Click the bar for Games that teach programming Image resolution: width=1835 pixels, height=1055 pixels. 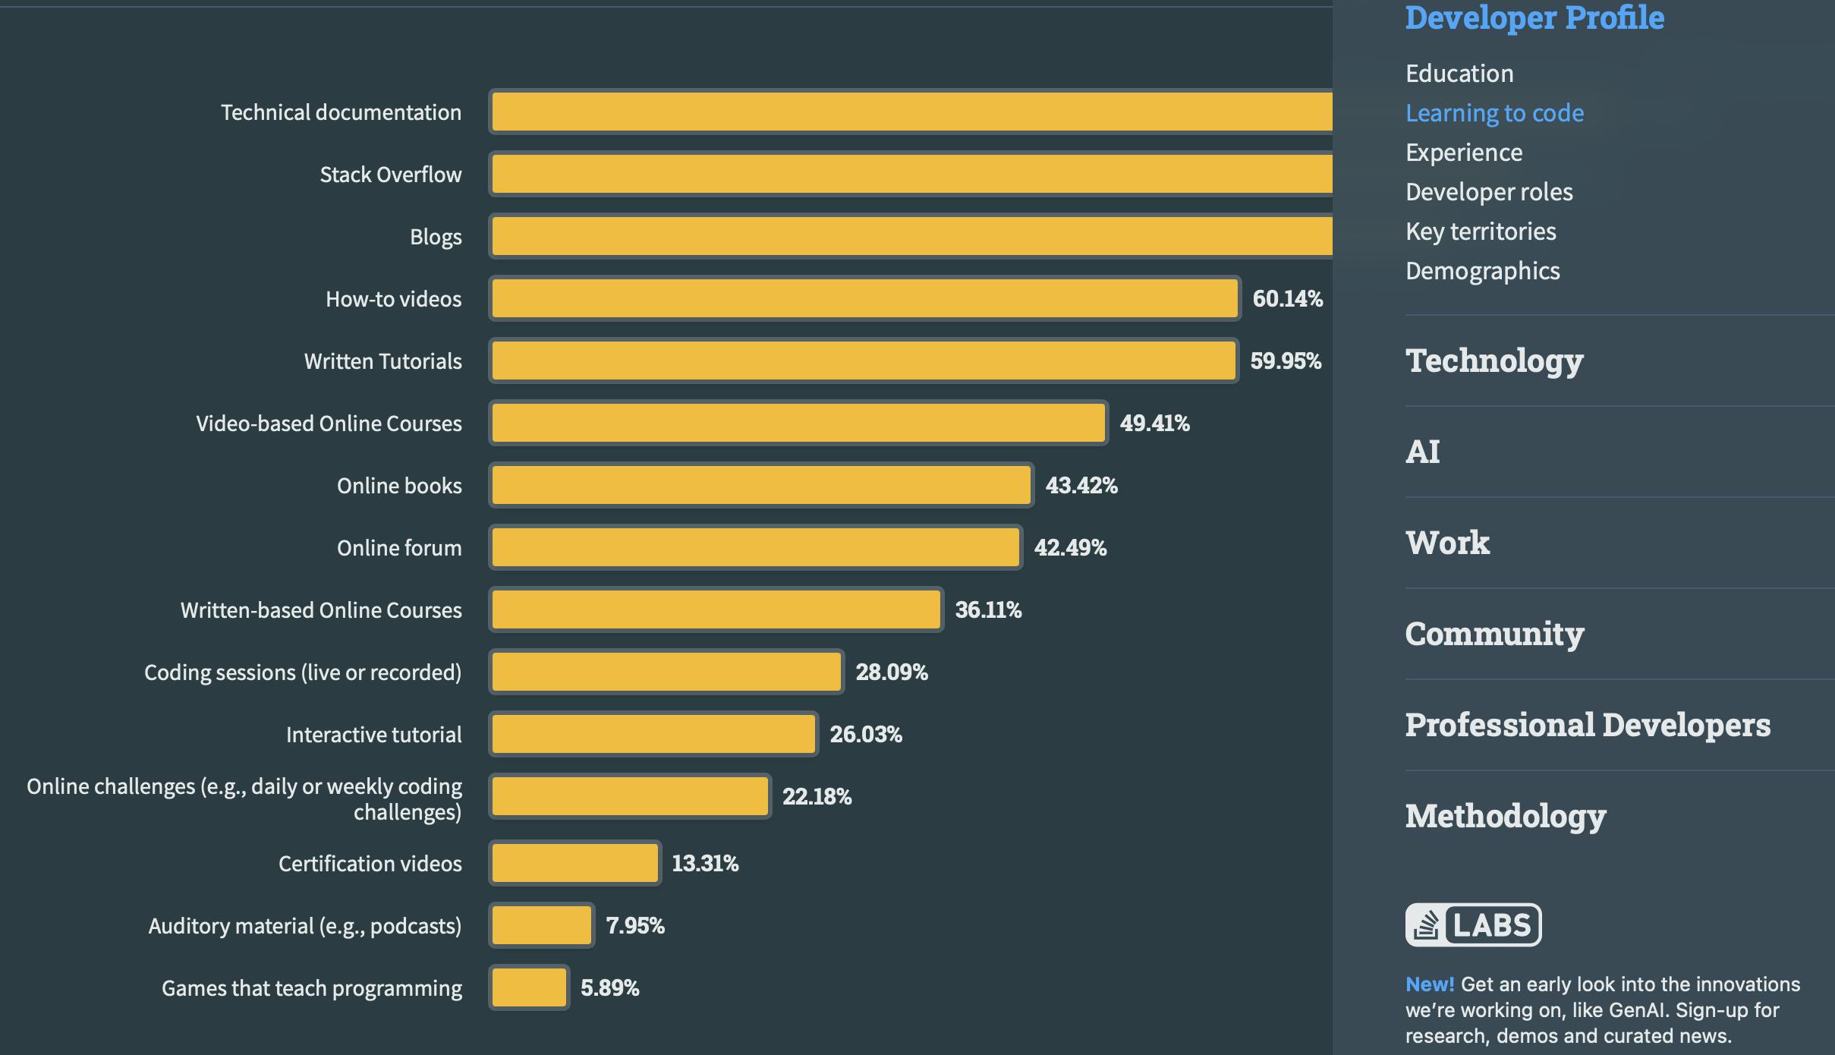pyautogui.click(x=529, y=987)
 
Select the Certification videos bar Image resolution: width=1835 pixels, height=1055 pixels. pyautogui.click(x=574, y=863)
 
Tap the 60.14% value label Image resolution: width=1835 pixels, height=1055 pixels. pyautogui.click(x=1287, y=298)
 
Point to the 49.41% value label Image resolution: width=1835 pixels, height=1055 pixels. pyautogui.click(x=1154, y=423)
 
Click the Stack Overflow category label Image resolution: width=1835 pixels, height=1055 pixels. pyautogui.click(x=390, y=175)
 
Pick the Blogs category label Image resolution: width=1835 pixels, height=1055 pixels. pyautogui.click(x=436, y=237)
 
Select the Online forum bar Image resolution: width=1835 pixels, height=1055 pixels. pyautogui.click(x=755, y=547)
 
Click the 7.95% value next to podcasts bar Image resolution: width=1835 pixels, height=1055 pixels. pyautogui.click(x=634, y=925)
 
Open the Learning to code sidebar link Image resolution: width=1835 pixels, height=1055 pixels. pyautogui.click(x=1494, y=113)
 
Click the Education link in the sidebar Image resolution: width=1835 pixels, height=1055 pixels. pyautogui.click(x=1459, y=74)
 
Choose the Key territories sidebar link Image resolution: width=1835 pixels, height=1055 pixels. pyautogui.click(x=1481, y=231)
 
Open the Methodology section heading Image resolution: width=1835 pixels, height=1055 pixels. pyautogui.click(x=1505, y=816)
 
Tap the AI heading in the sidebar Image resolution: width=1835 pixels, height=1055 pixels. pyautogui.click(x=1422, y=452)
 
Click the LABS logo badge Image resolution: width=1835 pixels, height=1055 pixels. pyautogui.click(x=1473, y=924)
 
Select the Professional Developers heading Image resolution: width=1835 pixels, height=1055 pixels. pyautogui.click(x=1588, y=725)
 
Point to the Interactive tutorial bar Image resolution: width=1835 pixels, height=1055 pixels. pyautogui.click(x=653, y=734)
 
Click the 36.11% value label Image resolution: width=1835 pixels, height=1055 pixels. pyautogui.click(x=988, y=609)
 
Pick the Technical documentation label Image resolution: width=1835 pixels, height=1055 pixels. pyautogui.click(x=341, y=112)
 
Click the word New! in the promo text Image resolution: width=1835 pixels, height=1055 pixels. pyautogui.click(x=1429, y=984)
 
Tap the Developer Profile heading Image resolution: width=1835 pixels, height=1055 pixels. pyautogui.click(x=1534, y=17)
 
